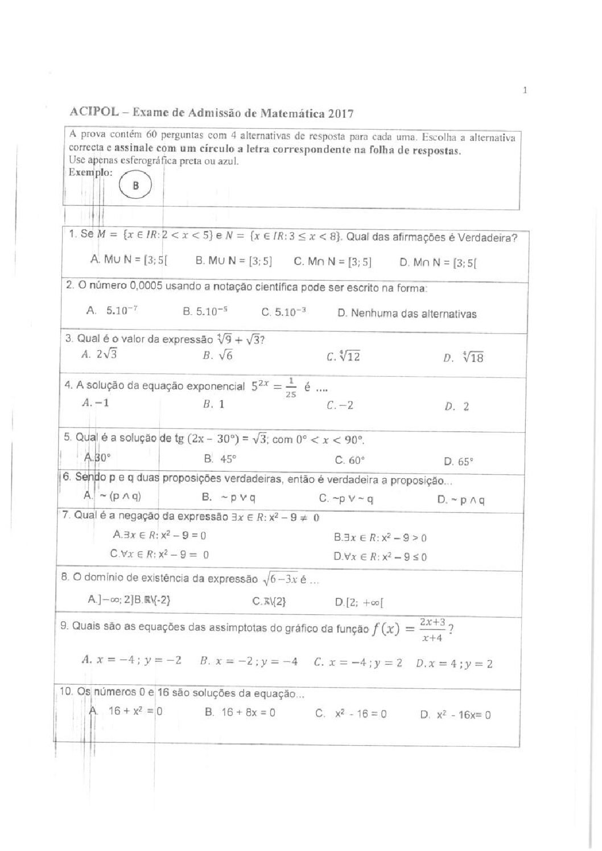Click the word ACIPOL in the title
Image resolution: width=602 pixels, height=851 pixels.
click(x=94, y=112)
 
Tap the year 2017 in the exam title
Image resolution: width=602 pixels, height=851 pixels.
click(x=340, y=113)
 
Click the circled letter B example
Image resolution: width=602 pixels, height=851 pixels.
click(x=135, y=185)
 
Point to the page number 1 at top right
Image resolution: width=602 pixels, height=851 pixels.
click(x=525, y=90)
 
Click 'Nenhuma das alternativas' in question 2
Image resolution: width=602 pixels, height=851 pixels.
click(x=407, y=314)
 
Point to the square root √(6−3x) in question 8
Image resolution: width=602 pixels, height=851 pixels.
click(x=279, y=579)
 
